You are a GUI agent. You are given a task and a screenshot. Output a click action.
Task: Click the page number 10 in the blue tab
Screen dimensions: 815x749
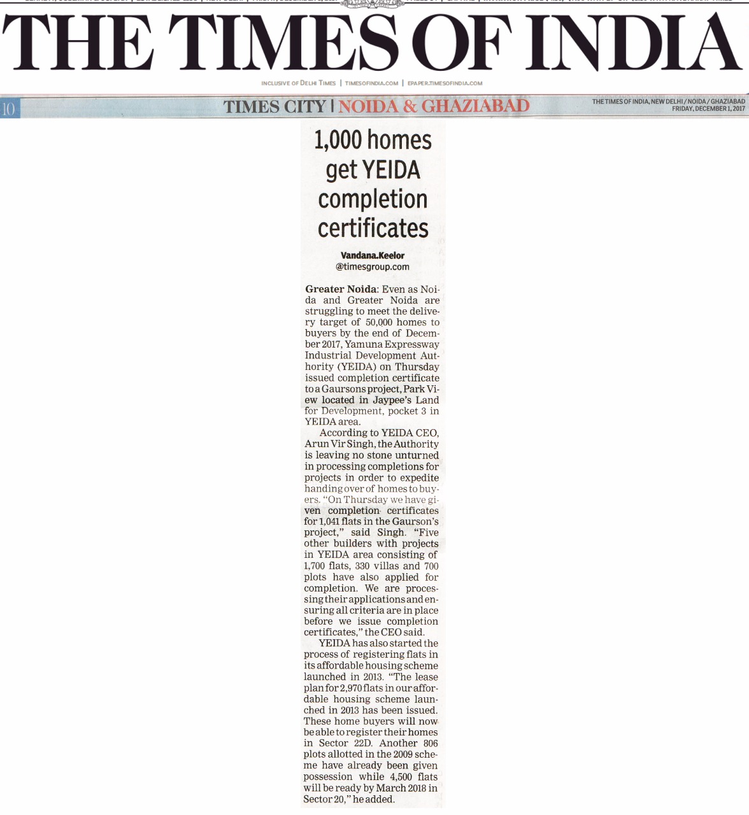point(8,109)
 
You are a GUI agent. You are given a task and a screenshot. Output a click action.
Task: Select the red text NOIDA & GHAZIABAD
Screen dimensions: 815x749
point(434,106)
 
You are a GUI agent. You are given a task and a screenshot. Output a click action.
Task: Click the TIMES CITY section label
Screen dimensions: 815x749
point(275,107)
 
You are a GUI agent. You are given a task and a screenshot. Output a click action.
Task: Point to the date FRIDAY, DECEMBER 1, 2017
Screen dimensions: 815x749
point(708,109)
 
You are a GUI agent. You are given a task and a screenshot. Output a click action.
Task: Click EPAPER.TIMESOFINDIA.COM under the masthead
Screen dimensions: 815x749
point(445,83)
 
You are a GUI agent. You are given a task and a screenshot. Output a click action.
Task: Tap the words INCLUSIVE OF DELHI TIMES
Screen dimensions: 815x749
point(298,83)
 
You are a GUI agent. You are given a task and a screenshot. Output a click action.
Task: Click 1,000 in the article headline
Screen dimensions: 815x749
point(338,140)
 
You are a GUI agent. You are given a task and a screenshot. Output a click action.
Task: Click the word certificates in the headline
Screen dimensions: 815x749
point(373,228)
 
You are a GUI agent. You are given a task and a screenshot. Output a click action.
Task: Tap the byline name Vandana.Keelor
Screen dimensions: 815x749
point(373,255)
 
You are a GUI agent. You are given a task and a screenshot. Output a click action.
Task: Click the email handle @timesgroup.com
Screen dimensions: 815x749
point(373,267)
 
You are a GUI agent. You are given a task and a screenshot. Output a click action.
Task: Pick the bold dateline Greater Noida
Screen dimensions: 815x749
point(341,289)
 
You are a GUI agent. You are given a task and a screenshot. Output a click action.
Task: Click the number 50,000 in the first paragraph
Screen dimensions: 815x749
point(379,322)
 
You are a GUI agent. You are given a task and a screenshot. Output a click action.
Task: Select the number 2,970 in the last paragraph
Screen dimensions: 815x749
point(353,688)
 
